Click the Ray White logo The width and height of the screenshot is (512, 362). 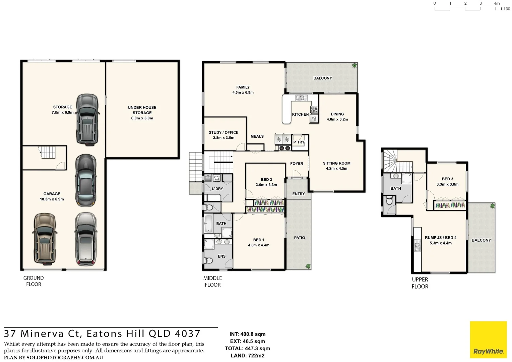tap(488, 340)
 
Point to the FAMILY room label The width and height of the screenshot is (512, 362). tap(243, 87)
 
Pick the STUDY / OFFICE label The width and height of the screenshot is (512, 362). tap(223, 132)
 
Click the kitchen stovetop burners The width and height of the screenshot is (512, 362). tap(314, 109)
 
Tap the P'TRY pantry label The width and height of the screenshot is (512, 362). tap(299, 142)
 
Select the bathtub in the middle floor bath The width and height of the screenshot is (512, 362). tap(208, 224)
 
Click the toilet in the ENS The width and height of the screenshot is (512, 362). tap(209, 260)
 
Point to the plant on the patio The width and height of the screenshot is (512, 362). tap(308, 266)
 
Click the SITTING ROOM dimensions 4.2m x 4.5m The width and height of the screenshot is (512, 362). tap(336, 169)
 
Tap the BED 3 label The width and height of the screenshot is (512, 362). tap(447, 179)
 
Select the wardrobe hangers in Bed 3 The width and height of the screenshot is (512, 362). tap(450, 205)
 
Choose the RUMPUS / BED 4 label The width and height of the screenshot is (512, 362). tap(441, 238)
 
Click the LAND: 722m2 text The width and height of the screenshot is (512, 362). tap(247, 356)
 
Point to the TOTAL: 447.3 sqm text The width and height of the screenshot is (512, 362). tap(247, 349)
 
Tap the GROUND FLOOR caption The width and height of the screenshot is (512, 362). tap(34, 281)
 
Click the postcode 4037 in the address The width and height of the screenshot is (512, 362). tap(188, 334)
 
